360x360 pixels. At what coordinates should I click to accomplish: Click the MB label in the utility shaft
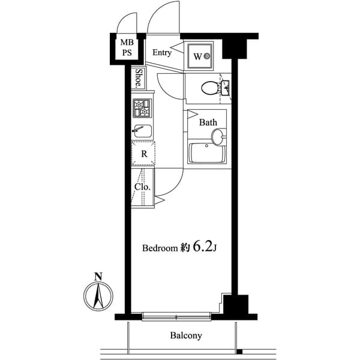coord(128,42)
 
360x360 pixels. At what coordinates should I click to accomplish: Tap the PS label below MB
coord(128,52)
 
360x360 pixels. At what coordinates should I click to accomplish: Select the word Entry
coord(161,53)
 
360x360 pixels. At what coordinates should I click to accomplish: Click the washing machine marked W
coord(199,56)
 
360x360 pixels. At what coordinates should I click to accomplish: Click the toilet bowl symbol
coord(209,88)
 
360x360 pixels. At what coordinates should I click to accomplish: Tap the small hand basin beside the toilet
coord(226,88)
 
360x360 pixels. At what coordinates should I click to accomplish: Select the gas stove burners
coord(143,108)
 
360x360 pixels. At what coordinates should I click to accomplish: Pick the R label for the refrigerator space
coord(144,154)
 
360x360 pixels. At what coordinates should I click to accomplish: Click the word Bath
coord(208,122)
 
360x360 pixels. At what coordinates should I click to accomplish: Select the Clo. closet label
coord(142,187)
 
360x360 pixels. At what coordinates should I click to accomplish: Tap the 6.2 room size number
coord(200,247)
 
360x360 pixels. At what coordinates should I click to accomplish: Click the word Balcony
coord(185,336)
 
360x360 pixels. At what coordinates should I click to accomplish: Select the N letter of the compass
coord(98,277)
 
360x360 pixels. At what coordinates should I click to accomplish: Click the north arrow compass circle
coord(98,296)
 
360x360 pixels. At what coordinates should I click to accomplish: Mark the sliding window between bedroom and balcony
coord(177,316)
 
